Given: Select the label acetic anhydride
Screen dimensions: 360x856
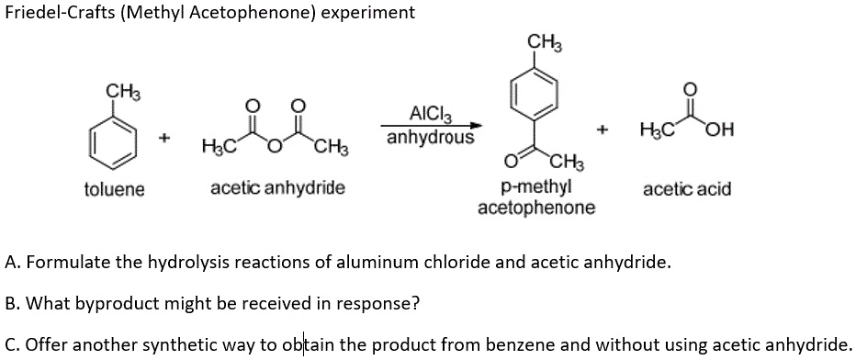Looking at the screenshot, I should (277, 188).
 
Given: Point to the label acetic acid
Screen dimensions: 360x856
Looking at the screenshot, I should (687, 189).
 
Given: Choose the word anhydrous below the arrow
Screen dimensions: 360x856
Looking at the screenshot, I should (430, 139).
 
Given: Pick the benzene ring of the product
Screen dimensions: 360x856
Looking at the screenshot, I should (535, 96).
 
